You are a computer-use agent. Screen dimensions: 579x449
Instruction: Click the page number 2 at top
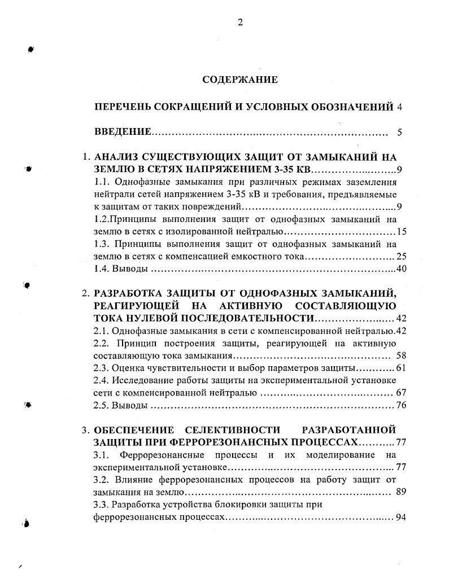240,23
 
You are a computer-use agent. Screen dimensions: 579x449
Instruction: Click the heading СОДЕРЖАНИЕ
240,80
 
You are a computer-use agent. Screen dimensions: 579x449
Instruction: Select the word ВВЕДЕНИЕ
123,133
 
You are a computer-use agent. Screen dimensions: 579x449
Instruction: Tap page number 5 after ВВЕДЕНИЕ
399,133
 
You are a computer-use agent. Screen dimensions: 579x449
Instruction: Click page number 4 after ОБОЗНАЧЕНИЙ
400,107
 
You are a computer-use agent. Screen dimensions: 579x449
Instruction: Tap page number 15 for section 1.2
402,231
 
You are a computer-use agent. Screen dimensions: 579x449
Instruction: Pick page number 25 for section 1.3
402,256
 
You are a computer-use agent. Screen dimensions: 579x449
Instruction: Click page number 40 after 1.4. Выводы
402,269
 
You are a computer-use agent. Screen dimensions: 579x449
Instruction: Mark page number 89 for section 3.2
402,492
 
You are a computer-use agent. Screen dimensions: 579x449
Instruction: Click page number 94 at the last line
402,517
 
